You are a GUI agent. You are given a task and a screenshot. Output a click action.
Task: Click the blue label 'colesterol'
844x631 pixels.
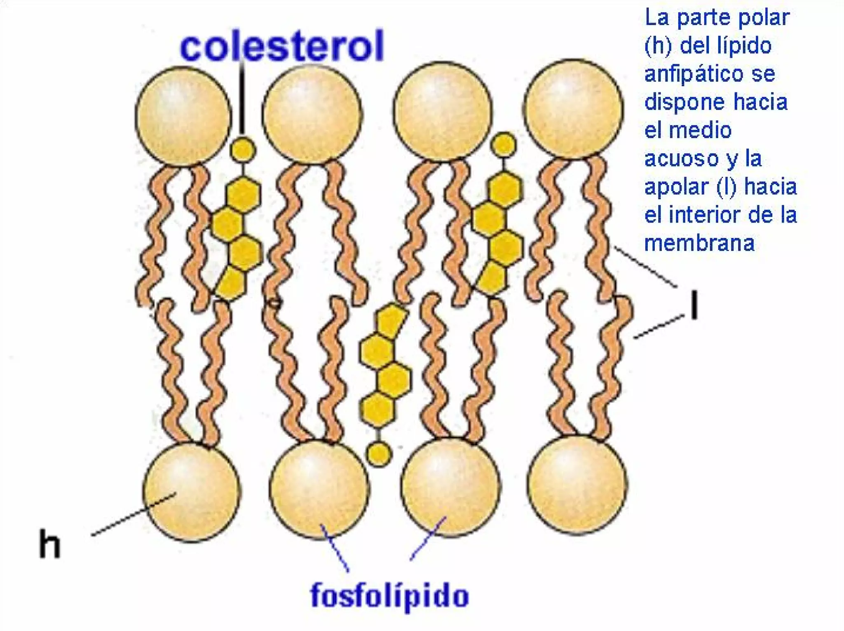coord(282,46)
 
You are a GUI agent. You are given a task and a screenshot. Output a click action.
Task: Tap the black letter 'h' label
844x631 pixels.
coord(49,544)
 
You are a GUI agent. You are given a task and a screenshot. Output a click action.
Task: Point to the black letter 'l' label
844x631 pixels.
coord(694,305)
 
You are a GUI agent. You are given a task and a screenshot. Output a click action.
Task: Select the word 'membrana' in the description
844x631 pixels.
coord(699,243)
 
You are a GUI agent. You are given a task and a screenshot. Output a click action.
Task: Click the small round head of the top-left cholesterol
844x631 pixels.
coord(242,149)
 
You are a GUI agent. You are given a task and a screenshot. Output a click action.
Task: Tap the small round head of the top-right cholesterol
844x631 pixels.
coord(504,144)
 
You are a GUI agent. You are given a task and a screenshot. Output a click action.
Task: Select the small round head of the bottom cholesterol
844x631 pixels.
coord(378,454)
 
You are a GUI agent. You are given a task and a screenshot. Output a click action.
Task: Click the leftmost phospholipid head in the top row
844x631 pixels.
coord(183,116)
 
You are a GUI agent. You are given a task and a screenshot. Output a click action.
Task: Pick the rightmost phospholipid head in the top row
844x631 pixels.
coord(573,108)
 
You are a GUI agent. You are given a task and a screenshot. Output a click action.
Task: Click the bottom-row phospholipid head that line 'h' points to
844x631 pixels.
coord(192,492)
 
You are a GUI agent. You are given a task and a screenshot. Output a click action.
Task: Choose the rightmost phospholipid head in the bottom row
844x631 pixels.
coord(577,485)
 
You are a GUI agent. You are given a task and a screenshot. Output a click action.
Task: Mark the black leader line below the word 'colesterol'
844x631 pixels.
coord(242,99)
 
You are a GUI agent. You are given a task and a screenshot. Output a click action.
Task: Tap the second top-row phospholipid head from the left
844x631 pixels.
coord(312,115)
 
